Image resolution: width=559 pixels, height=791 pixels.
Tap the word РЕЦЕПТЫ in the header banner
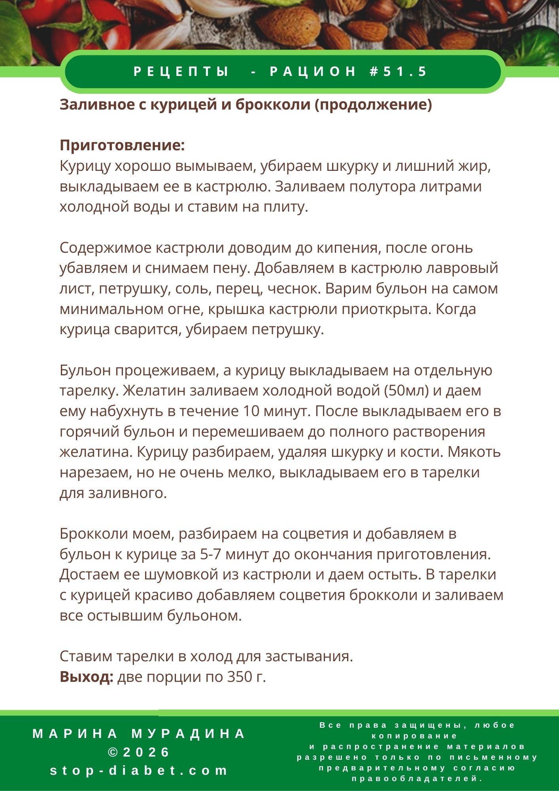point(181,72)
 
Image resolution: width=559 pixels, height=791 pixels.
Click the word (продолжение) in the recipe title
point(373,105)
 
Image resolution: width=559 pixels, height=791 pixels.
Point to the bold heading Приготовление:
point(122,146)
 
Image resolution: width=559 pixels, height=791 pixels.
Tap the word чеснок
point(294,289)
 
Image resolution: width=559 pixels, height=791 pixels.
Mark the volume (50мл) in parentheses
point(406,391)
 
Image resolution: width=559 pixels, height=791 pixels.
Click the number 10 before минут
point(251,411)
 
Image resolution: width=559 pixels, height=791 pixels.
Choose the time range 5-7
point(210,554)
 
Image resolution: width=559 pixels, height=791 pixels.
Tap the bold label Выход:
point(87,677)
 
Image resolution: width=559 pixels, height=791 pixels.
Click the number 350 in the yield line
point(239,677)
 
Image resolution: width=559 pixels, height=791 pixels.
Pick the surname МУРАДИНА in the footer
point(189,734)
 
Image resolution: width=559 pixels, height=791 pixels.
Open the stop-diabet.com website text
point(139,770)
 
